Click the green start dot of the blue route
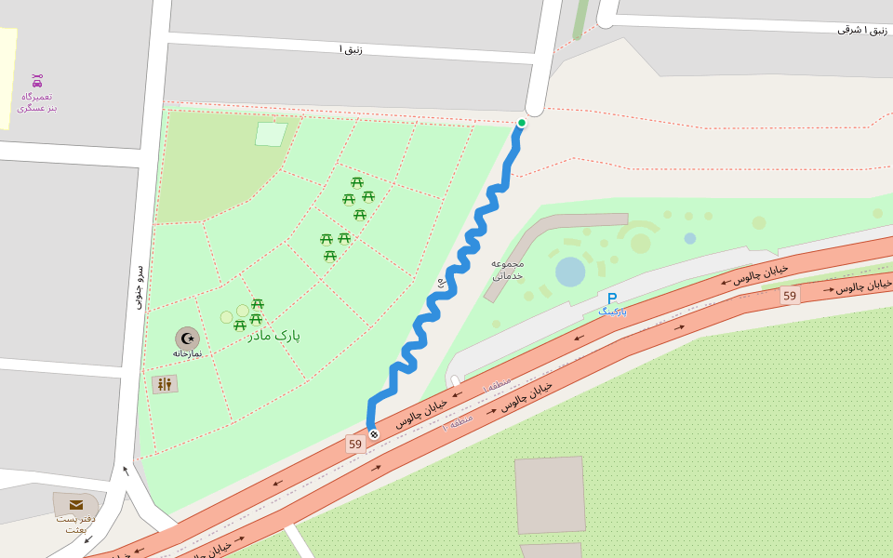(522, 123)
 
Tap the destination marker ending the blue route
(374, 433)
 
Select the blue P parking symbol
(612, 299)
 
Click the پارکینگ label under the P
(612, 312)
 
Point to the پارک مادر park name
(274, 335)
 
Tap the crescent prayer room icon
(187, 338)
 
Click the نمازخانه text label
(187, 353)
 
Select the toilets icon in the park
(165, 383)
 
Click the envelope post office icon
(76, 505)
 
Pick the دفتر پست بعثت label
(75, 524)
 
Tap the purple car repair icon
(37, 80)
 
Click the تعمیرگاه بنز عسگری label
(37, 102)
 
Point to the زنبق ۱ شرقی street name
(861, 30)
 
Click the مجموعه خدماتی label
(508, 269)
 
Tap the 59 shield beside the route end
(355, 445)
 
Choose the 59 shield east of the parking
(790, 296)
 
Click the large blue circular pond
(570, 272)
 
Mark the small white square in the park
(271, 134)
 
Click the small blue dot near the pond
(690, 238)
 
